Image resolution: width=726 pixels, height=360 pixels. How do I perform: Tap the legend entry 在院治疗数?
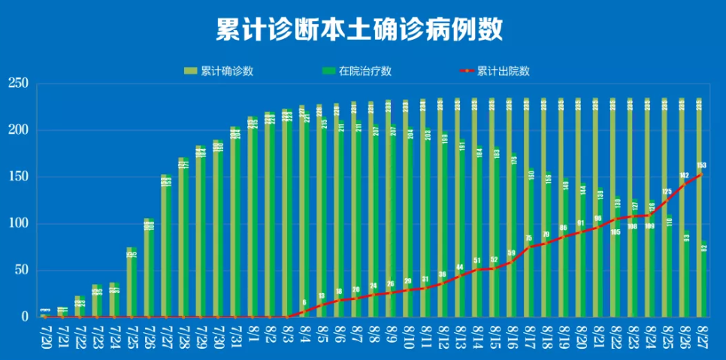point(365,71)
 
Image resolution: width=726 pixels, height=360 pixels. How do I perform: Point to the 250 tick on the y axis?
point(17,83)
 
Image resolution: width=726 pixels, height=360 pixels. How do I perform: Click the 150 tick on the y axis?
point(17,177)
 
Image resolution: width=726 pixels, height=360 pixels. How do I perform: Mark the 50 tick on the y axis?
point(20,271)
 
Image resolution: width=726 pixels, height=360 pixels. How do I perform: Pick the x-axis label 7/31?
point(234,335)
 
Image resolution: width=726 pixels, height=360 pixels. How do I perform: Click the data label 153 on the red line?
point(701,165)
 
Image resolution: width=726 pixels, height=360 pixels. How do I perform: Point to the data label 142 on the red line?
point(685,175)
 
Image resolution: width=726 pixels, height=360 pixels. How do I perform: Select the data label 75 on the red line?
point(528,238)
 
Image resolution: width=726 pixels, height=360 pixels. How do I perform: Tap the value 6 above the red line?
point(304,302)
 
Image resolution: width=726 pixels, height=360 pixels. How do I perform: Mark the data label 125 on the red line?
point(667,192)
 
